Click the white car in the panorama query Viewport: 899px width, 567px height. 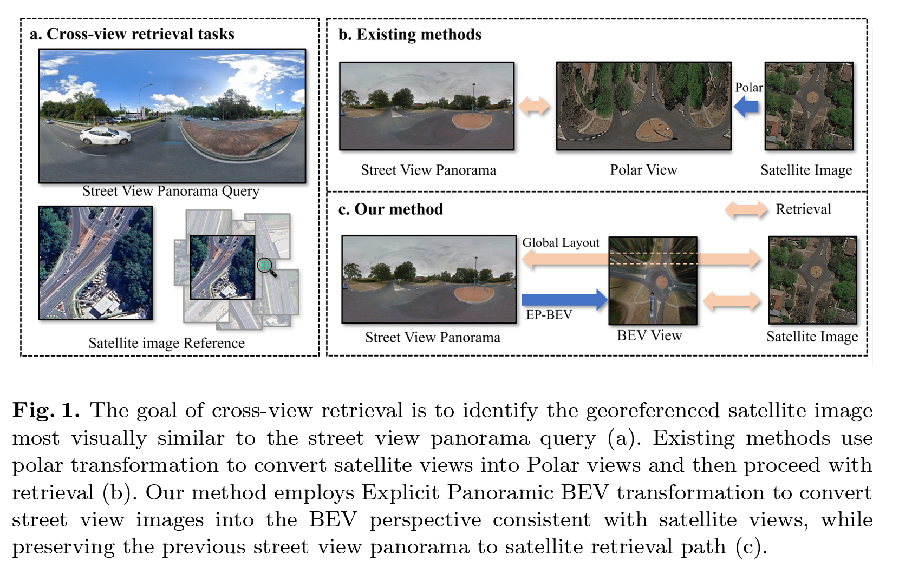pos(105,136)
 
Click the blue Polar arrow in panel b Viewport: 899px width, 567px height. pos(746,107)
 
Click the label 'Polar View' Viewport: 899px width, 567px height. pos(643,170)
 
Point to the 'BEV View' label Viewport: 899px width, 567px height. pos(649,335)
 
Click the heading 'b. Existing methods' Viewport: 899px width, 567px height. pos(409,35)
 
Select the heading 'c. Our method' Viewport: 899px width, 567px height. pos(390,209)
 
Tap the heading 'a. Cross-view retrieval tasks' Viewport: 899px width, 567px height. pos(132,34)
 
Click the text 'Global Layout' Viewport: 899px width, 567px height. pos(561,242)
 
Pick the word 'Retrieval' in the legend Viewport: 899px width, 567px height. pos(803,209)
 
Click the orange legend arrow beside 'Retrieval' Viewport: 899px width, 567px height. pos(746,210)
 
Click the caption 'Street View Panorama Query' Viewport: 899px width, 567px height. pos(171,191)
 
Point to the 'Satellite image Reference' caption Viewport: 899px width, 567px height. pos(166,343)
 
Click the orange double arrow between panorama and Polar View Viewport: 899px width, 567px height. pos(534,106)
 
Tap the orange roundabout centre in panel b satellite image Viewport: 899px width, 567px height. pos(812,97)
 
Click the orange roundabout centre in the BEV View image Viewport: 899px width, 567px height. pos(661,282)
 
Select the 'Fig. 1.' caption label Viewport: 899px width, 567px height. pos(46,410)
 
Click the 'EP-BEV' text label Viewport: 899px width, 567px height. pos(549,315)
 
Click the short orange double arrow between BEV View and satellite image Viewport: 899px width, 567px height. pos(732,301)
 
